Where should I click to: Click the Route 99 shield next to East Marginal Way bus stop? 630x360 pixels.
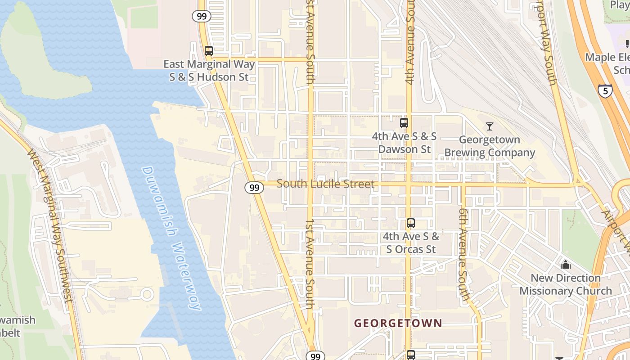click(x=202, y=16)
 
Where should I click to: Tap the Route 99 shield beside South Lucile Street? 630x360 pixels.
click(x=254, y=188)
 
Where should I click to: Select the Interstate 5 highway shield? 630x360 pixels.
click(x=605, y=91)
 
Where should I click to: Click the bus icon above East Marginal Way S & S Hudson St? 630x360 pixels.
click(x=208, y=50)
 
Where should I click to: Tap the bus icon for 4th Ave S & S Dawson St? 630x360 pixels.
click(x=404, y=122)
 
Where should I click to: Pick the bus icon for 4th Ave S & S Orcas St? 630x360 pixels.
click(x=410, y=223)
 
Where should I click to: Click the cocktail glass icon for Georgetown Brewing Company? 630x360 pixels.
click(x=490, y=126)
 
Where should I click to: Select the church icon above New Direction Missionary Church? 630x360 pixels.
click(x=566, y=264)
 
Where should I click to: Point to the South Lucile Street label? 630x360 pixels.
click(x=325, y=184)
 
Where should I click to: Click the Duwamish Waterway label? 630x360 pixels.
click(x=171, y=238)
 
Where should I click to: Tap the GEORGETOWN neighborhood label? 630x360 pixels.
click(x=398, y=323)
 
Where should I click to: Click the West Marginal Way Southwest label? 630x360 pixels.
click(x=50, y=225)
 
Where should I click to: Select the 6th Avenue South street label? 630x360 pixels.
click(x=465, y=254)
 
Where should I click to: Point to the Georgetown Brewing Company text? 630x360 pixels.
click(x=490, y=146)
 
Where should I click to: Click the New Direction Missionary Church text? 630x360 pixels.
click(x=566, y=284)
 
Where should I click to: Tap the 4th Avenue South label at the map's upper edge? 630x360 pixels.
click(x=409, y=43)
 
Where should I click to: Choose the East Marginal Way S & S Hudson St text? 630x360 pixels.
click(x=209, y=71)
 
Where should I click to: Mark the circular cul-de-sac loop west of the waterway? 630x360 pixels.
click(x=147, y=296)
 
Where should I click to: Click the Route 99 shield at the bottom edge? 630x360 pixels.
click(x=315, y=356)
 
